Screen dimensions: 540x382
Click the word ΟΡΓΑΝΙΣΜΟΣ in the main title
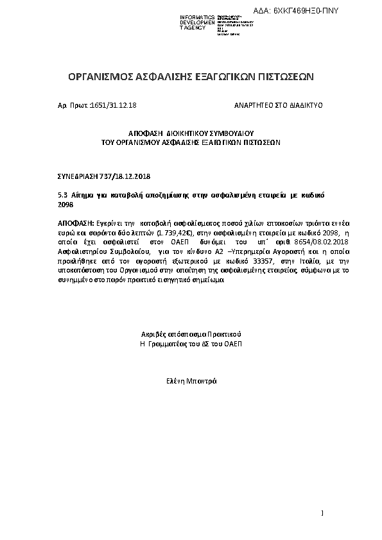click(x=100, y=78)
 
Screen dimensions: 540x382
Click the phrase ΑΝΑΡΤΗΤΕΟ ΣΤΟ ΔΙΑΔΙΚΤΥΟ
click(x=278, y=105)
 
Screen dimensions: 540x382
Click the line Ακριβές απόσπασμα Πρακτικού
click(x=191, y=335)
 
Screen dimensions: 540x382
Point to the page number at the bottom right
click(x=322, y=512)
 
